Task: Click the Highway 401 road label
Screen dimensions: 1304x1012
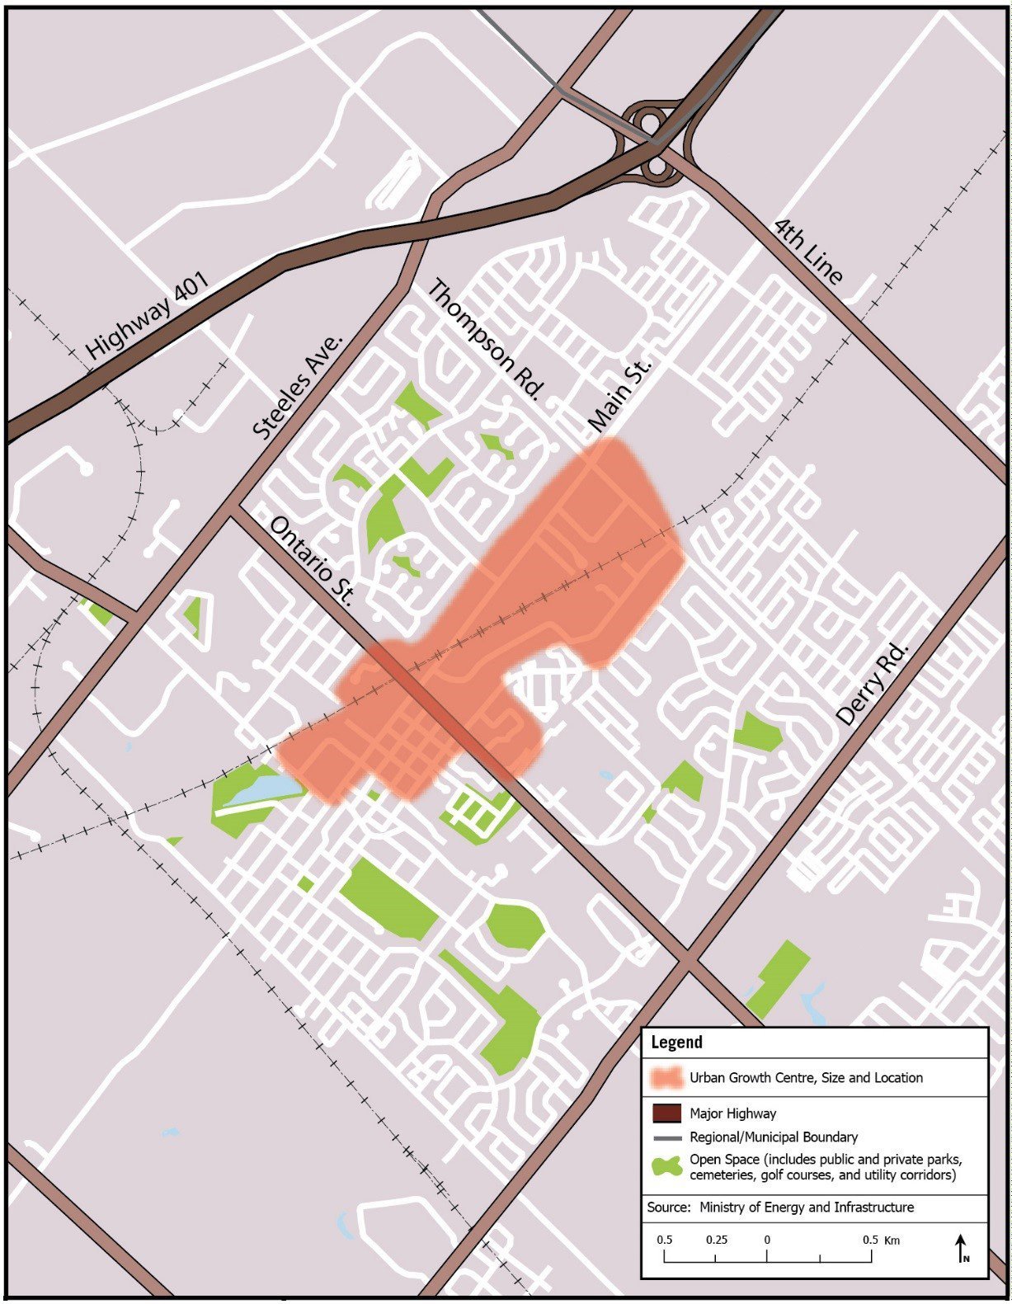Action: [x=148, y=317]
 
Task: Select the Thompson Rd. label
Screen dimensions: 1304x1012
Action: [x=487, y=340]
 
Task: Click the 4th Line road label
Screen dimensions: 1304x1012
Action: [x=809, y=252]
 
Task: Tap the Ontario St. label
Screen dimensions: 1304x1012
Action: [x=312, y=562]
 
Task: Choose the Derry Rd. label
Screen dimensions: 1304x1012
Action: [x=872, y=684]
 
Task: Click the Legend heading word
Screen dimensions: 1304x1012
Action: [x=676, y=1042]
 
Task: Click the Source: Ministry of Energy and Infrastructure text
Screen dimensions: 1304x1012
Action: [x=780, y=1207]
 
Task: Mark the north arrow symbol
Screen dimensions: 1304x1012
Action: [x=962, y=1248]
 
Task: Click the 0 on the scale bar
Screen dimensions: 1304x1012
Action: [x=766, y=1240]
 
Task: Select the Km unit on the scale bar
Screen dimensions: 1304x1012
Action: [x=892, y=1240]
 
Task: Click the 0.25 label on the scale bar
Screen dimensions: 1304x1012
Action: [x=716, y=1240]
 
